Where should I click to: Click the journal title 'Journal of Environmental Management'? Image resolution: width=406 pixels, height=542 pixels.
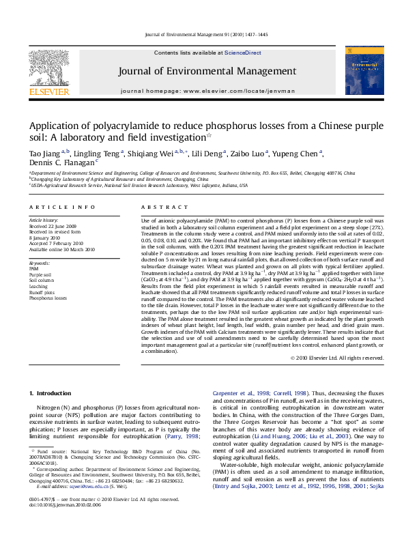pos(207,71)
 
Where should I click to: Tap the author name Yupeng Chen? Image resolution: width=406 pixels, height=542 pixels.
pos(298,154)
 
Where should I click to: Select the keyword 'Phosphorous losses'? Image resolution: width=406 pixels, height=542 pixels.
pos(48,298)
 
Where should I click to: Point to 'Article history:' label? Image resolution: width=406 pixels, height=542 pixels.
pos(44,221)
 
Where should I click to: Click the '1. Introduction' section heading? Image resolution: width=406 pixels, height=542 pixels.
pos(52,394)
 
